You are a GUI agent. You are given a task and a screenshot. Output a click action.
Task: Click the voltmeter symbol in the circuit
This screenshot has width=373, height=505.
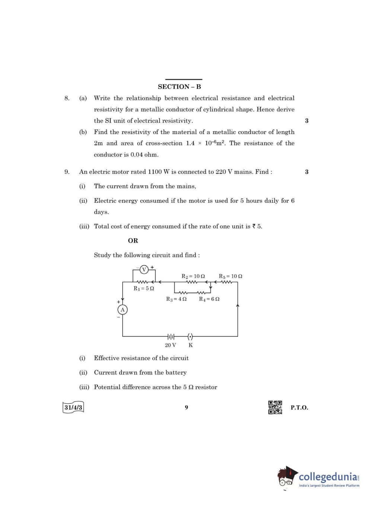coord(144,269)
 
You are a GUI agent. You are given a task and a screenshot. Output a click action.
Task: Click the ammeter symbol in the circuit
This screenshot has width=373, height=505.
coord(122,309)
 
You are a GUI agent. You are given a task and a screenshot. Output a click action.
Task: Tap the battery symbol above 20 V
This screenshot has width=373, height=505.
coord(171,337)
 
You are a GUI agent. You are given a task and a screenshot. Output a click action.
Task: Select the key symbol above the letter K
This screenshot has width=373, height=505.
coord(190,337)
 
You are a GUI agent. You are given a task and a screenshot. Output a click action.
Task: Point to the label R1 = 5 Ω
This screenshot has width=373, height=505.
coord(144,288)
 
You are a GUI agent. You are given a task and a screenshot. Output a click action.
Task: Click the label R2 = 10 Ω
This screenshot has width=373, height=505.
coord(193,276)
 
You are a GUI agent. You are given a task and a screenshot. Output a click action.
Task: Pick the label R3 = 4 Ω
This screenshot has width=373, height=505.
coord(176,299)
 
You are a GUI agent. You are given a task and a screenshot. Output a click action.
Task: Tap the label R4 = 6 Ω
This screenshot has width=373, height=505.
coord(209,299)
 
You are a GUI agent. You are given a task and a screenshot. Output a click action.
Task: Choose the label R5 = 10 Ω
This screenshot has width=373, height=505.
coord(230,276)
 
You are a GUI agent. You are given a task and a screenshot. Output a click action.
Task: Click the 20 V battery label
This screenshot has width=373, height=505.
coord(170,345)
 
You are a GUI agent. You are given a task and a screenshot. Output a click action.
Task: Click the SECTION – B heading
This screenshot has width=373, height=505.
coord(179,87)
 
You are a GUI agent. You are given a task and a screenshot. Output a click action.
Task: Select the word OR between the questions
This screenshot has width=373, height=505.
coord(133,241)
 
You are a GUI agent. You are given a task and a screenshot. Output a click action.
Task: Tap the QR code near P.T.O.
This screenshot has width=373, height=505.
coord(275,407)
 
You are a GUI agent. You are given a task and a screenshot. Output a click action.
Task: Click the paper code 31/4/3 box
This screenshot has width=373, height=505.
coord(73,407)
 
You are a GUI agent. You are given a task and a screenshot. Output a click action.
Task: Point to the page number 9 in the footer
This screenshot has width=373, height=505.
coord(186,407)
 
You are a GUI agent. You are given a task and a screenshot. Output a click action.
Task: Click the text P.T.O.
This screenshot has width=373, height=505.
coord(299,407)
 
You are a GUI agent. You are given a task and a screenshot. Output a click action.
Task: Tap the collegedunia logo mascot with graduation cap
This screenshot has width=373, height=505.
coord(287,476)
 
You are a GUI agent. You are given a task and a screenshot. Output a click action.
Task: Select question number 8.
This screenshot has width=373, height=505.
coord(67,98)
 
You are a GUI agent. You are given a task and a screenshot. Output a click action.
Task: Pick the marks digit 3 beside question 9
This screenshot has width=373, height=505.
coord(307,172)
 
